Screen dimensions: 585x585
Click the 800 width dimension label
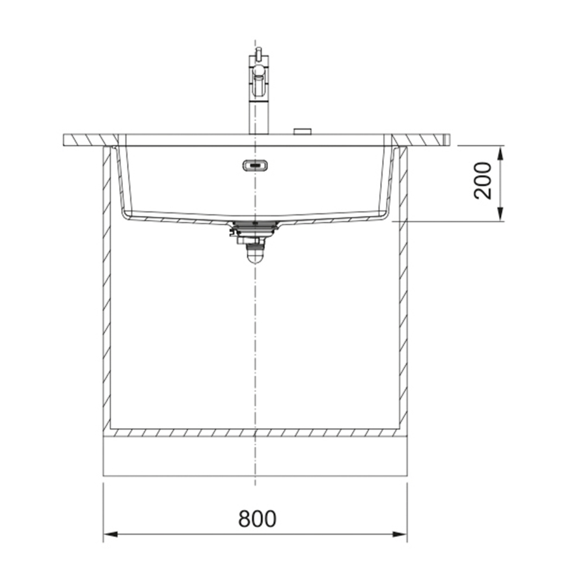[x=257, y=518]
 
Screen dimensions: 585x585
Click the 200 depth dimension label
[x=482, y=181]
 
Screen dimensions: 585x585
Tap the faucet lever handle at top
[x=258, y=53]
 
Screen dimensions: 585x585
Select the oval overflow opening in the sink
[x=255, y=165]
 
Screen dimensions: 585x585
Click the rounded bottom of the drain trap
[x=255, y=258]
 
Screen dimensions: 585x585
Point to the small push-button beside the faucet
[x=302, y=131]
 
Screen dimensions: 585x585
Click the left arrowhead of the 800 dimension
[x=111, y=534]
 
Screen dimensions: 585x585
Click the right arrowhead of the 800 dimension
[x=400, y=534]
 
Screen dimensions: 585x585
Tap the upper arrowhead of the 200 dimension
[x=500, y=153]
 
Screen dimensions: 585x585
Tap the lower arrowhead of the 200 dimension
[x=500, y=214]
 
